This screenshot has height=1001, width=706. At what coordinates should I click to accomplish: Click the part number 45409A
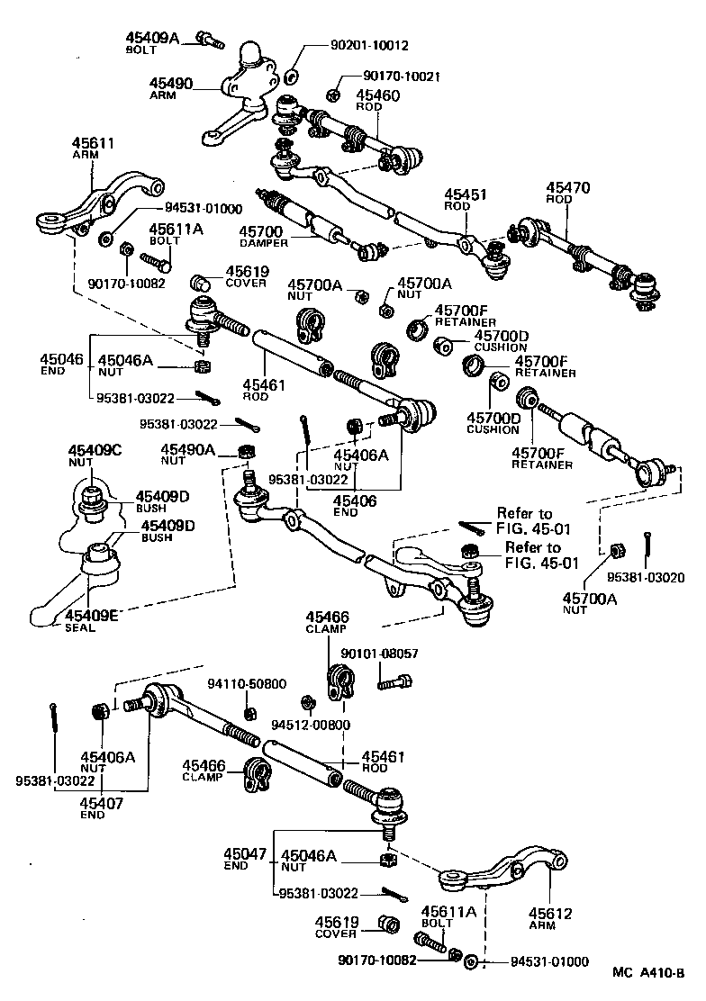[x=154, y=37]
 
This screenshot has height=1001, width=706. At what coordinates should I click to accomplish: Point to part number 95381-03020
[x=646, y=577]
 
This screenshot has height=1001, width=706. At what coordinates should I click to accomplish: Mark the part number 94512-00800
[x=312, y=724]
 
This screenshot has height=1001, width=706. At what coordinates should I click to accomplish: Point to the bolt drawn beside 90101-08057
[x=394, y=681]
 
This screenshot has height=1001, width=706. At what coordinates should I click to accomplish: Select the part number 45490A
[x=187, y=448]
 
